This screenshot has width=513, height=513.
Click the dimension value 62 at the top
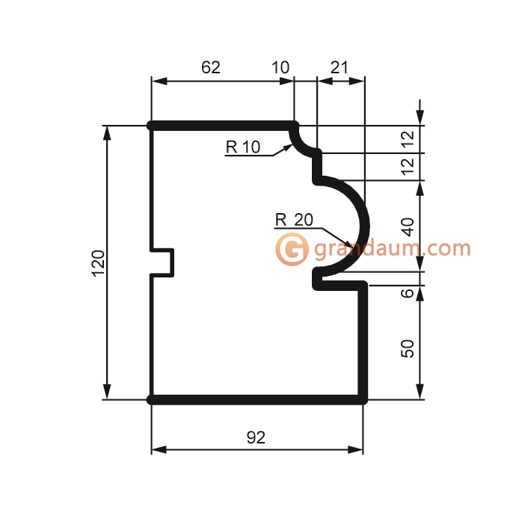pos(211,67)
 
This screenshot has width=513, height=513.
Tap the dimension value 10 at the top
pos(280,67)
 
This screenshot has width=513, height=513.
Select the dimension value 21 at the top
pos(340,67)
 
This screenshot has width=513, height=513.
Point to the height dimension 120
pos(99,264)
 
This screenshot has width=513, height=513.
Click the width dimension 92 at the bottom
pos(256,437)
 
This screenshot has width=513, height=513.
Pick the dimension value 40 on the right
pos(408,227)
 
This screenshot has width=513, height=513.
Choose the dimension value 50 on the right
pos(408,348)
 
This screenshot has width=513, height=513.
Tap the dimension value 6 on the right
pos(408,293)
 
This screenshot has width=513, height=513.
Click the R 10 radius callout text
pos(243,147)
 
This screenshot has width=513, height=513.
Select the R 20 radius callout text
pos(294,220)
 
